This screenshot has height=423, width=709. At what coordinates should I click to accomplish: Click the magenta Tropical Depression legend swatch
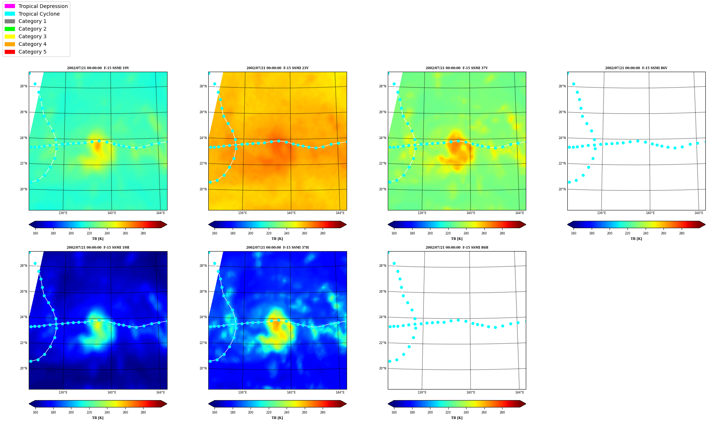10,6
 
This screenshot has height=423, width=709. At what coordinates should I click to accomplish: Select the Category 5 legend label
32,52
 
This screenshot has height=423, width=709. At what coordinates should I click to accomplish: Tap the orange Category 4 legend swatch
10,44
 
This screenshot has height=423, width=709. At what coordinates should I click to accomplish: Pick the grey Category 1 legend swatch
10,21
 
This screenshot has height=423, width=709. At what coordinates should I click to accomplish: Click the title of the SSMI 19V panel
98,68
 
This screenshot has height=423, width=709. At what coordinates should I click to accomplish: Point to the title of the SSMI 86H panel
457,248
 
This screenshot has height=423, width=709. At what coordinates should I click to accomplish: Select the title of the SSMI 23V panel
277,68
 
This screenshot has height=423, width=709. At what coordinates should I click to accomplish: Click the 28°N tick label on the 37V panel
382,87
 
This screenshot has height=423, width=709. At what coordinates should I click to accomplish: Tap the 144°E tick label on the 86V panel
699,213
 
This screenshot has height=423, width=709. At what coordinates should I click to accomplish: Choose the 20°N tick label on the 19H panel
23,368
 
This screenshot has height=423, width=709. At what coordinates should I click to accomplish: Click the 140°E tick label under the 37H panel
291,392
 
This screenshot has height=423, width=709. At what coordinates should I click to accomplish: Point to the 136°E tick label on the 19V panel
63,213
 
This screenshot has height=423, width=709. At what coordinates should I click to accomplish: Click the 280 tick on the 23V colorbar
323,233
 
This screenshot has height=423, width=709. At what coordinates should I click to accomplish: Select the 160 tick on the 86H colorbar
394,412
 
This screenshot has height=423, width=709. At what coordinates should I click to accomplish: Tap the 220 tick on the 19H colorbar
89,412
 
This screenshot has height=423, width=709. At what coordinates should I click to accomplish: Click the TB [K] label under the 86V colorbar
637,239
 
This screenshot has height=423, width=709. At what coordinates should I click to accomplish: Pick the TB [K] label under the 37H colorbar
277,418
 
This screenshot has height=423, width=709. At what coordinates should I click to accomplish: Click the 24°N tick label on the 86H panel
382,317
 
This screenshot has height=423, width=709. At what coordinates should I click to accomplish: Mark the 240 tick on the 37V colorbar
466,233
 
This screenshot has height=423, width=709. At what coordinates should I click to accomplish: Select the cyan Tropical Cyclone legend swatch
10,14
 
